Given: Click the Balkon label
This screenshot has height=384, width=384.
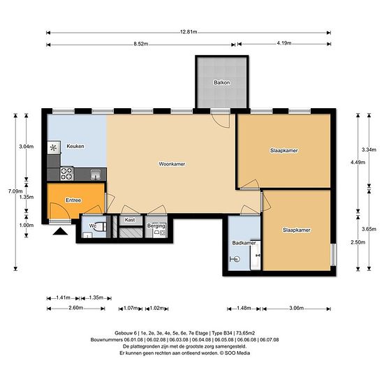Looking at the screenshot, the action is [222, 82].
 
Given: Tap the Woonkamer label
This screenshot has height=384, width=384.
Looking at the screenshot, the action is [172, 164].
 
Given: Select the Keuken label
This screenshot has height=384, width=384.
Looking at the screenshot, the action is [75, 146].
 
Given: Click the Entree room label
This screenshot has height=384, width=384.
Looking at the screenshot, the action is [73, 200].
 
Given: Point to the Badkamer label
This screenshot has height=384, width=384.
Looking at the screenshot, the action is [244, 243].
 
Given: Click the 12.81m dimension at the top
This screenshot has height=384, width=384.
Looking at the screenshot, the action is [189, 32].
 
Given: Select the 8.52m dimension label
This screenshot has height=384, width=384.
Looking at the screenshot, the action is [141, 44].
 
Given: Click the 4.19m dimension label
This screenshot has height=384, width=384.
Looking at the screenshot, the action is [284, 43].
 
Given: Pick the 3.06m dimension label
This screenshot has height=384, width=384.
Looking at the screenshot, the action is [296, 308].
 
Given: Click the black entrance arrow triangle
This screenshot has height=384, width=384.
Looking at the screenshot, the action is [60, 231].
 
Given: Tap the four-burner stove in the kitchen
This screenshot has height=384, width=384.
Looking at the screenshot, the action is [67, 173].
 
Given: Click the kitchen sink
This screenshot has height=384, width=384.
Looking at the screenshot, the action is [96, 175].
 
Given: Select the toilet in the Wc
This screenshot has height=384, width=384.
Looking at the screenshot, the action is [101, 227].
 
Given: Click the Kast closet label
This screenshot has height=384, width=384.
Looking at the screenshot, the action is [130, 220].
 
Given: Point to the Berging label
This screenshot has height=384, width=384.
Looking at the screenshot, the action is [156, 226].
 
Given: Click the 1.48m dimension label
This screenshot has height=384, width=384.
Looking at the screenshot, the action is [244, 308].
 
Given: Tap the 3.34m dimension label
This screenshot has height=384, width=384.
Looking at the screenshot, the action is [369, 149].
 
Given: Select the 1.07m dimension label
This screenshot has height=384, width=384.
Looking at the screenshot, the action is [131, 308].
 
